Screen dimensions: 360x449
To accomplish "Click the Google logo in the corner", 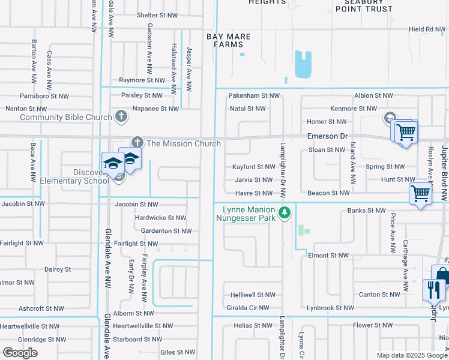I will coord(20,353).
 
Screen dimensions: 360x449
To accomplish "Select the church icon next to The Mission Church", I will coord(137,143).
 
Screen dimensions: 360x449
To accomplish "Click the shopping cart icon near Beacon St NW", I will coord(420,194).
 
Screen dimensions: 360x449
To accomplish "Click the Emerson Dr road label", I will coord(327,136).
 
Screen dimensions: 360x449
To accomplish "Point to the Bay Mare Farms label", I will coord(229,40).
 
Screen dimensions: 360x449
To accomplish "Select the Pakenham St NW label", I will coord(255,95).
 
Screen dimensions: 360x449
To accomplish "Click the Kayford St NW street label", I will coord(253,167).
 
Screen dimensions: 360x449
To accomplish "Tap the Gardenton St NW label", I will coord(166,231).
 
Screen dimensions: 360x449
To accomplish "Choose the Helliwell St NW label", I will coord(253,295).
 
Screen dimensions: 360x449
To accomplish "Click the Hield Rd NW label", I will coord(427,29).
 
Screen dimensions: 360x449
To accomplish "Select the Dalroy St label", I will coord(58,269).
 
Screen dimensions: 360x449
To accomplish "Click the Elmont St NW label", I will coord(328,255).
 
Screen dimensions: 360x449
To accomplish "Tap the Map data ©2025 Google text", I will coord(412,355).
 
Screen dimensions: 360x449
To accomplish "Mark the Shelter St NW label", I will coord(157,15).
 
